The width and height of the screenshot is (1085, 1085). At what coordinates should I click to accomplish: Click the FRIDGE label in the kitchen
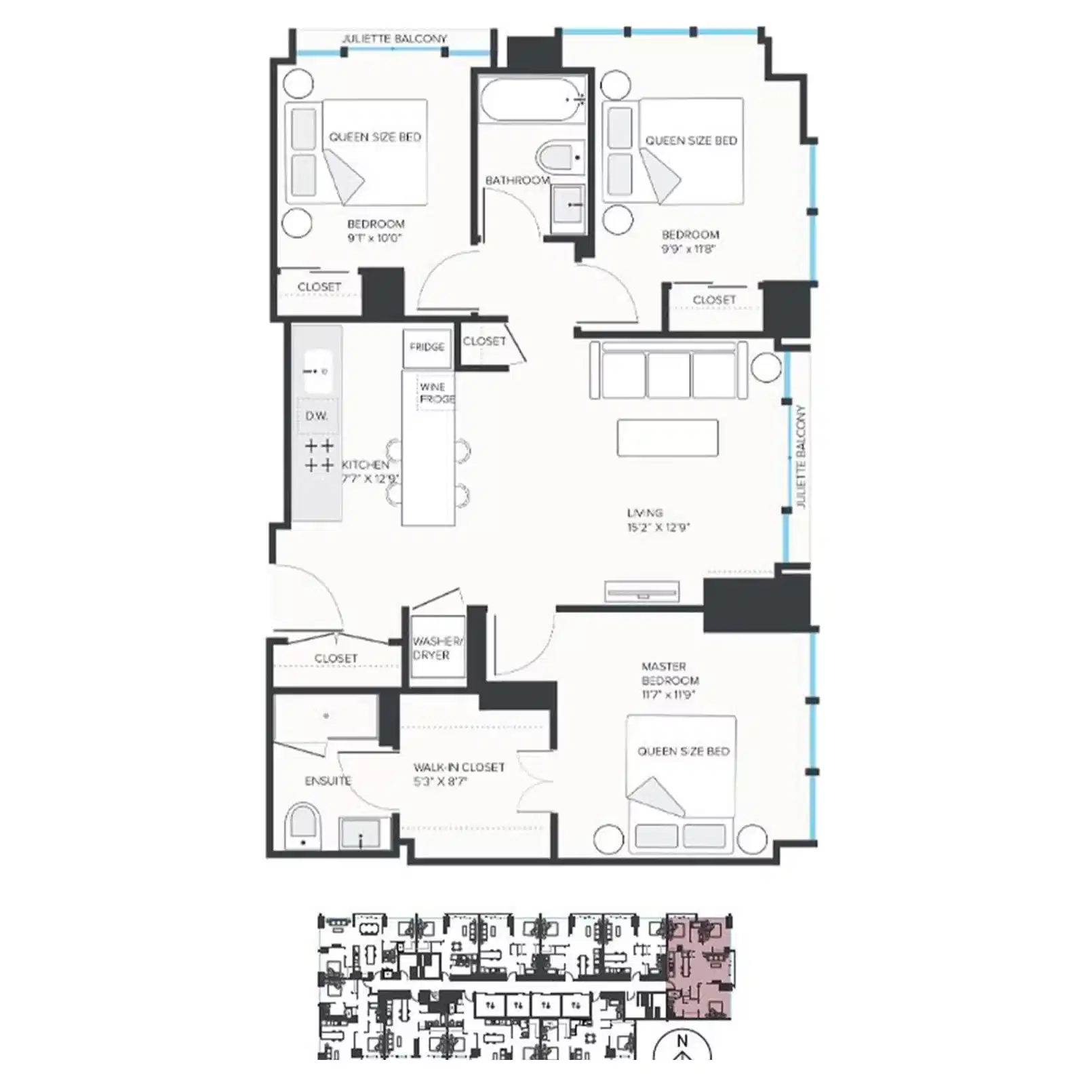pyautogui.click(x=427, y=347)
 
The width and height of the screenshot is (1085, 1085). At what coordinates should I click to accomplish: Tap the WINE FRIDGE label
pyautogui.click(x=436, y=393)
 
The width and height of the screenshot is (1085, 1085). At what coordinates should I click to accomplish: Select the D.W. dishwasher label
pyautogui.click(x=317, y=416)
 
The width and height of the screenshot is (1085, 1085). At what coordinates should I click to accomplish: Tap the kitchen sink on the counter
pyautogui.click(x=317, y=371)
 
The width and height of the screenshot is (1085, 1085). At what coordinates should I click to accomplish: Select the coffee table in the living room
pyautogui.click(x=667, y=437)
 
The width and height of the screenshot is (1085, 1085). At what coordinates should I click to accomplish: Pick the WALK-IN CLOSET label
pyautogui.click(x=459, y=767)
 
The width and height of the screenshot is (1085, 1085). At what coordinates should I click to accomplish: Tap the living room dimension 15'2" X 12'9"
pyautogui.click(x=658, y=527)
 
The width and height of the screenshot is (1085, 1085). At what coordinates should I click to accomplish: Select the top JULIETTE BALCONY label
pyautogui.click(x=394, y=39)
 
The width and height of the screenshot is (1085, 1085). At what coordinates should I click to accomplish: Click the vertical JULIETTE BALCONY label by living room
pyautogui.click(x=801, y=456)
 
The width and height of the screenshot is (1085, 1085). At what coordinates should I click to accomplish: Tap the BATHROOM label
pyautogui.click(x=517, y=180)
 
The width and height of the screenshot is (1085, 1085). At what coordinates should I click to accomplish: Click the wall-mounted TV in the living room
pyautogui.click(x=642, y=592)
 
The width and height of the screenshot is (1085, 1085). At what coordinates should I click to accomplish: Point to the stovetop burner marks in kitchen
pyautogui.click(x=319, y=456)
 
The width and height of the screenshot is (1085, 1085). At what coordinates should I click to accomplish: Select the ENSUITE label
pyautogui.click(x=328, y=781)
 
